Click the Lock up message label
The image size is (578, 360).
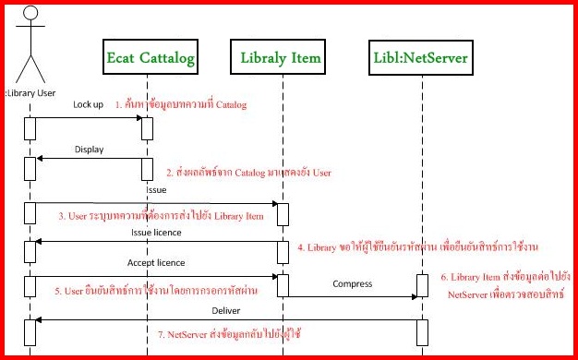point(89,104)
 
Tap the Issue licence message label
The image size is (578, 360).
point(153,233)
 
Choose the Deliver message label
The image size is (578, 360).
point(226,309)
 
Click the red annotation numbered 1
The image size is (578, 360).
point(181,105)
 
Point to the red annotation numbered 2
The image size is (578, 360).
point(248,173)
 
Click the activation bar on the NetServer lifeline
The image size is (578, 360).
point(423,287)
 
